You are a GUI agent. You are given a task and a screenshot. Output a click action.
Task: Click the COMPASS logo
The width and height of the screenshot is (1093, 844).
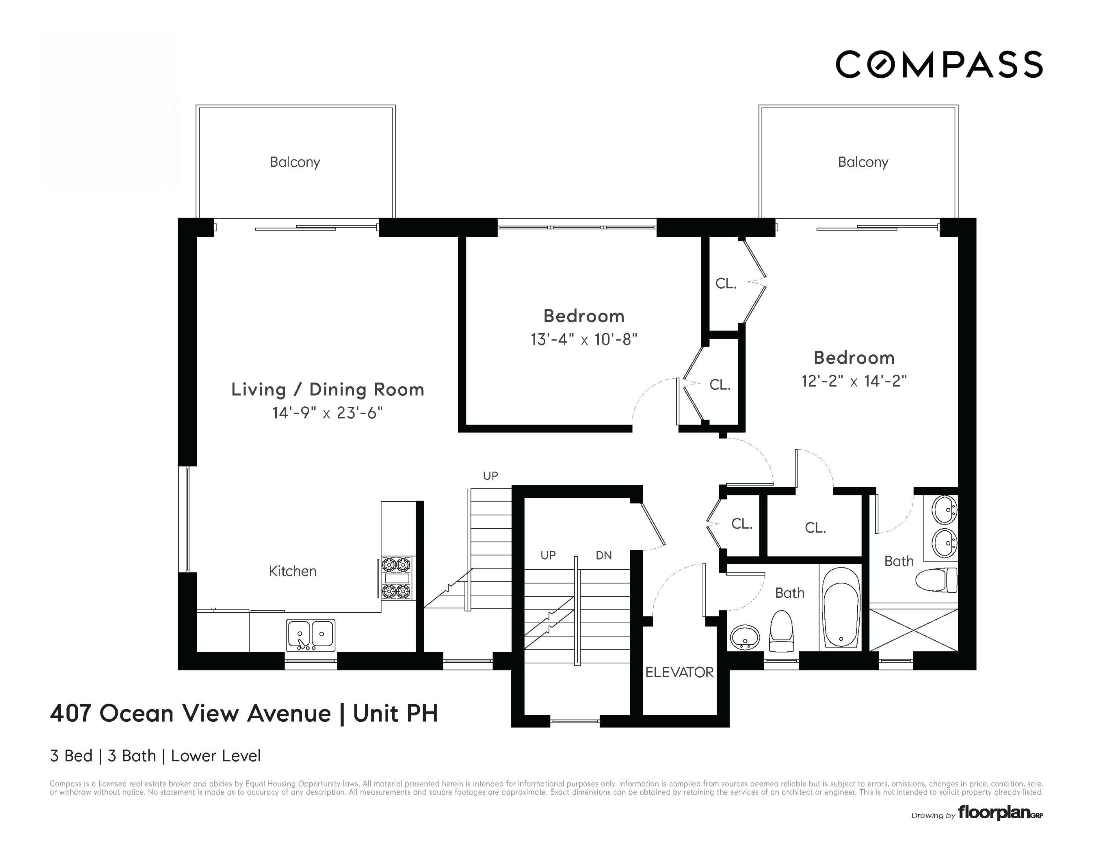pos(939,64)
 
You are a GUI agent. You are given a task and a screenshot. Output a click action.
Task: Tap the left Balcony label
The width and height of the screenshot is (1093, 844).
pos(295,162)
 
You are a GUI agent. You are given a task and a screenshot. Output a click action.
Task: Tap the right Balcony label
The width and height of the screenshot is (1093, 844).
pos(863,162)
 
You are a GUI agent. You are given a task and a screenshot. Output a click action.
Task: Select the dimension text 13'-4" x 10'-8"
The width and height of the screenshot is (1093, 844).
pos(584,340)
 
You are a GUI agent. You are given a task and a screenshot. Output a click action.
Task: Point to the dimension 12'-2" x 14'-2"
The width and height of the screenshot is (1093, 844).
pos(854,381)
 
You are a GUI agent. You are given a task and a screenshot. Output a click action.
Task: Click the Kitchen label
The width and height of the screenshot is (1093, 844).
pos(292,571)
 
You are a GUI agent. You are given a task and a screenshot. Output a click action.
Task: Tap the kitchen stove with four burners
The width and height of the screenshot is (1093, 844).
pos(396,578)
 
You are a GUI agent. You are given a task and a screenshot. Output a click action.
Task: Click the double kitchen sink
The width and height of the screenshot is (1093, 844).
pos(310,635)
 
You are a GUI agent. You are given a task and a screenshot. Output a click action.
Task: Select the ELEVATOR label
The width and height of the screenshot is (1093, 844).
pos(679,672)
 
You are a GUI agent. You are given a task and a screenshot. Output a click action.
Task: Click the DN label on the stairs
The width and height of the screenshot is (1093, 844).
pos(604,555)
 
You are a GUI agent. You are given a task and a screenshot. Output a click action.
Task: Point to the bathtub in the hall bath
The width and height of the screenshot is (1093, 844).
pos(841,608)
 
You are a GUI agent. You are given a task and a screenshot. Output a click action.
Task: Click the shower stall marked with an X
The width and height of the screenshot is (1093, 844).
pos(913,630)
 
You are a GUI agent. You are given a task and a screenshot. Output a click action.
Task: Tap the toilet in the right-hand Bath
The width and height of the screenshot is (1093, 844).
pos(936,580)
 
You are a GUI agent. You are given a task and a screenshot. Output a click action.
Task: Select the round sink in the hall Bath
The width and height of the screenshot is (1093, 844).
pos(745,637)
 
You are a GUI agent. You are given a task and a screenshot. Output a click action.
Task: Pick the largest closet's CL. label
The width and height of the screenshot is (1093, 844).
pos(815,528)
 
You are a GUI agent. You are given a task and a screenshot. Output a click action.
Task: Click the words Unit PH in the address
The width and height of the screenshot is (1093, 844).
pos(395,713)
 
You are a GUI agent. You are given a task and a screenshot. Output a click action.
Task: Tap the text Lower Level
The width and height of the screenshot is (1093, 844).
pos(216,755)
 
